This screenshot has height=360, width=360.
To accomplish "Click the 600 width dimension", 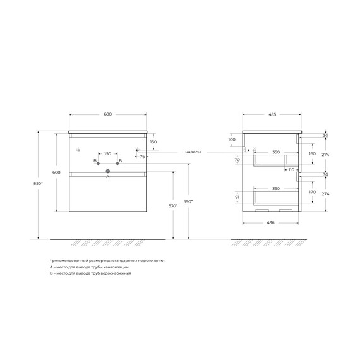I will click(107, 114).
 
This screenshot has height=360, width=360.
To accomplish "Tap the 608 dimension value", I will click(57, 172).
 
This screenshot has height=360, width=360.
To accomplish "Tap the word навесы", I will click(194, 152).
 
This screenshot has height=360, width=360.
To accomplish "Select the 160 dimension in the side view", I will click(311, 153).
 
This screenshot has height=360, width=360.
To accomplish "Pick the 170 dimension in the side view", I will click(311, 192).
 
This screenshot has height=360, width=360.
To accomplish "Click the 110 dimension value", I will click(292, 170).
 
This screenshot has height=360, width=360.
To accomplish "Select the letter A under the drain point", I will click(107, 177).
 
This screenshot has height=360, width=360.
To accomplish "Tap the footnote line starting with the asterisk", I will click(107, 260).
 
